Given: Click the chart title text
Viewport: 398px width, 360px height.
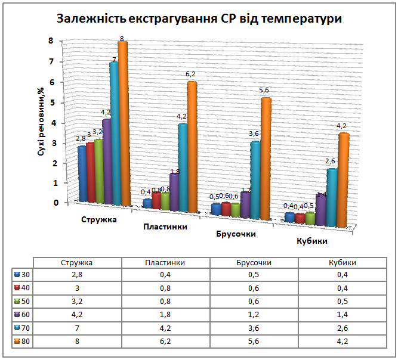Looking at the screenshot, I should pyautogui.click(x=199, y=18).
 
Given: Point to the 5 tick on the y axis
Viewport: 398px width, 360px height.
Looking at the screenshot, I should pyautogui.click(x=57, y=103).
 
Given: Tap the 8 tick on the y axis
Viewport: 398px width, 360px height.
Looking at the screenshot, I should pyautogui.click(x=57, y=41).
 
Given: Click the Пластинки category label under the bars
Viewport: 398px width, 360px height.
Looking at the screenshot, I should pyautogui.click(x=165, y=226).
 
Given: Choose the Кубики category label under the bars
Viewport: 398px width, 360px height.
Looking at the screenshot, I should pyautogui.click(x=313, y=241).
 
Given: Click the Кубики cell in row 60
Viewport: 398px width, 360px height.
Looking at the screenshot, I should pyautogui.click(x=346, y=315).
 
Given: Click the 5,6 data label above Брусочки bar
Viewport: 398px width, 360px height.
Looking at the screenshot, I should pyautogui.click(x=263, y=90).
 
